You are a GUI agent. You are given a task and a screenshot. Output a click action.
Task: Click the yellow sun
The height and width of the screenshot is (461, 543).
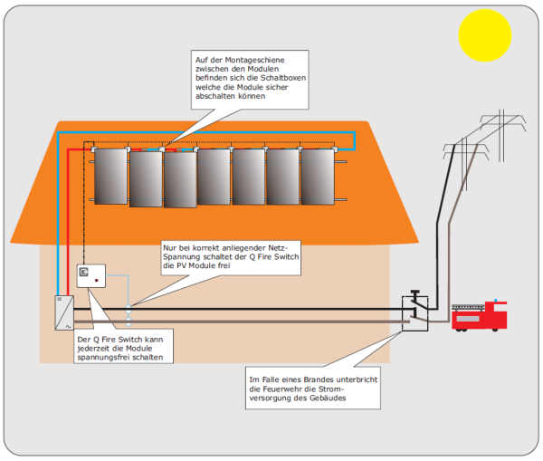tap(485, 34)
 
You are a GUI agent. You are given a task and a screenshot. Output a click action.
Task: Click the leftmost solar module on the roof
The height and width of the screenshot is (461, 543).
tap(110, 178)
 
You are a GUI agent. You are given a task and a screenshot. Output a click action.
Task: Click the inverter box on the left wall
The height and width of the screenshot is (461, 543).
tap(62, 312)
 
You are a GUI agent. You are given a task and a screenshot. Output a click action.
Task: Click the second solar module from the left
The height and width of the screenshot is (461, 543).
tap(145, 179)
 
